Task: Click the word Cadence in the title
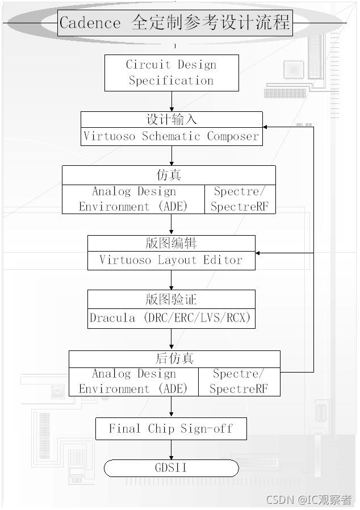[x=90, y=23]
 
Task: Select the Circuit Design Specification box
[x=171, y=73]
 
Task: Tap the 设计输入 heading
[x=171, y=120]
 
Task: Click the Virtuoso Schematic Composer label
[x=171, y=136]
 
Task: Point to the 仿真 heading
[x=168, y=174]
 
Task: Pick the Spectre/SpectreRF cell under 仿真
[x=240, y=199]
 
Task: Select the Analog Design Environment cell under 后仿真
[x=133, y=382]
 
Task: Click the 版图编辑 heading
[x=171, y=243]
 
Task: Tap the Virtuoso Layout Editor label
[x=171, y=260]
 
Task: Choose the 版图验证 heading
[x=171, y=299]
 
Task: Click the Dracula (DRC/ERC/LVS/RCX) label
[x=170, y=317]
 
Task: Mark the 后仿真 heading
[x=174, y=359]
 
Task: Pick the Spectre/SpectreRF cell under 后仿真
[x=238, y=382]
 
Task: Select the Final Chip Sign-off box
[x=171, y=429]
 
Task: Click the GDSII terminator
[x=171, y=468]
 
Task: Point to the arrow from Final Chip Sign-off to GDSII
[x=171, y=449]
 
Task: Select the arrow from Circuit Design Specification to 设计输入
[x=171, y=101]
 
